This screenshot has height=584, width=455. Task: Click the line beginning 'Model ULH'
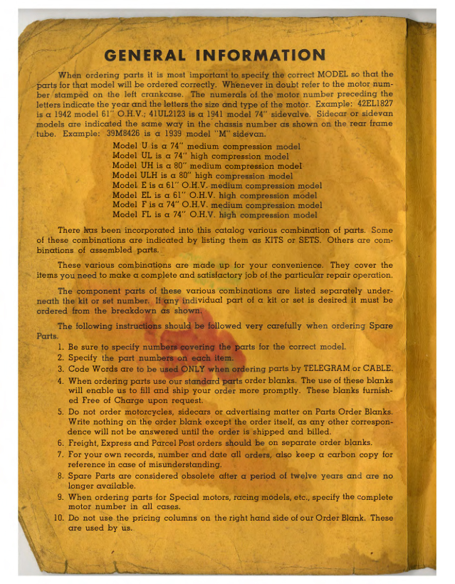202,176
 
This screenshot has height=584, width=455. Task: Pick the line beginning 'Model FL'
214,214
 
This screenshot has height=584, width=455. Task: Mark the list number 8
61,474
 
